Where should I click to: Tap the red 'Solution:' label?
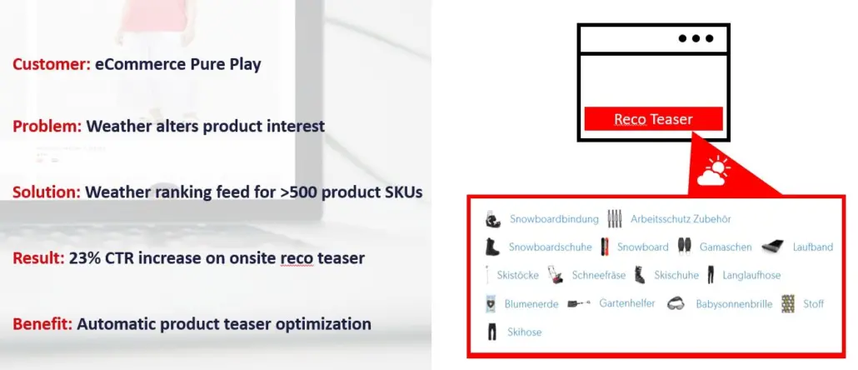(47, 192)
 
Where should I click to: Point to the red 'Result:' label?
(39, 258)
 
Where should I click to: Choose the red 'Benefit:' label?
(42, 323)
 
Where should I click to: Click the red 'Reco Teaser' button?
(653, 119)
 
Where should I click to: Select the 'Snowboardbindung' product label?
(554, 220)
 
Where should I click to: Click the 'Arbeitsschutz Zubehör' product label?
(681, 220)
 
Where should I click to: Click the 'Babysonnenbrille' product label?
(734, 304)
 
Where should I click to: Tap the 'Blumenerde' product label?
(531, 304)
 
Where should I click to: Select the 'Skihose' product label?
(525, 332)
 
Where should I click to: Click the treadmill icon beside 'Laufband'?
(772, 247)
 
